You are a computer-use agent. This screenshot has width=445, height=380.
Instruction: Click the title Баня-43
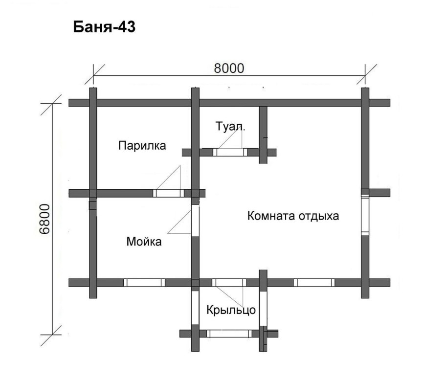pos(104,27)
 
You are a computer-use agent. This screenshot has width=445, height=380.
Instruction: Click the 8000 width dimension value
pos(228,68)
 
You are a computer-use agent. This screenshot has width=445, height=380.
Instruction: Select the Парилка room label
pos(142,145)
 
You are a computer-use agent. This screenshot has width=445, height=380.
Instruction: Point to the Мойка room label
pos(144,241)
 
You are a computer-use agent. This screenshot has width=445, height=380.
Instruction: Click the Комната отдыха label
pos(293,216)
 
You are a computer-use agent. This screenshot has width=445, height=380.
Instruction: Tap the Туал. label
pos(231,126)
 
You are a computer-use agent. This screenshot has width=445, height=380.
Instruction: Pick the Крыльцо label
pos(231,310)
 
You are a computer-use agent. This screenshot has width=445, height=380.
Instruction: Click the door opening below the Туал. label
pos(230,153)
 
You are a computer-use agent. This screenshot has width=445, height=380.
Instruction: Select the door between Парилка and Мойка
pos(169,193)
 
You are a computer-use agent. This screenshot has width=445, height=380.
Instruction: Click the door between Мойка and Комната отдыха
pos(195,220)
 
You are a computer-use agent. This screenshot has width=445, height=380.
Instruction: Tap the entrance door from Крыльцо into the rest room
pos(229,283)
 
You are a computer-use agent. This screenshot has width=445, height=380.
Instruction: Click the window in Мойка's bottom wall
pos(144,283)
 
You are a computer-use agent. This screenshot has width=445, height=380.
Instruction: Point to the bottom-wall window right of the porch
pos(313,283)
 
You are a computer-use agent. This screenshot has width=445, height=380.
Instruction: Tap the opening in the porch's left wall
pos(195,307)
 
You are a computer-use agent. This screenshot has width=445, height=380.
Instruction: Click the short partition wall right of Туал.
pos(263,134)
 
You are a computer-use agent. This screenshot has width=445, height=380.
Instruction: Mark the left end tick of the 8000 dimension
pos(93,76)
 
